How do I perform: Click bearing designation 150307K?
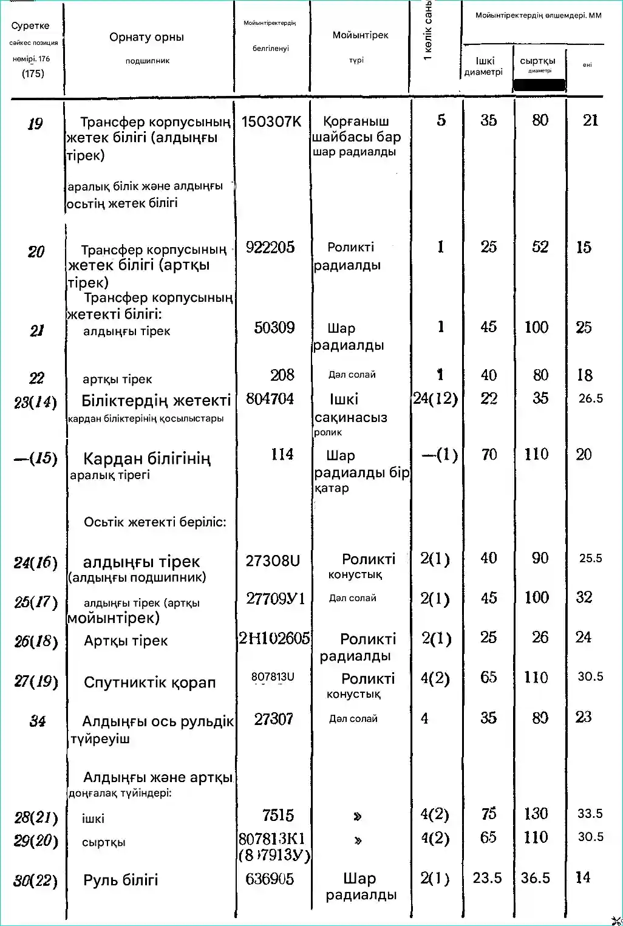pyautogui.click(x=271, y=121)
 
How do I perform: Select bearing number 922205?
pyautogui.click(x=270, y=247)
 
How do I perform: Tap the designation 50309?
pyautogui.click(x=274, y=328)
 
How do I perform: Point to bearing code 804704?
pyautogui.click(x=270, y=399)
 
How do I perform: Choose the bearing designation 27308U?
pyautogui.click(x=272, y=561)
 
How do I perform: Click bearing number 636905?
pyautogui.click(x=270, y=879)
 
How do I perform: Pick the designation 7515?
pyautogui.click(x=277, y=815)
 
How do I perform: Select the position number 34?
pyautogui.click(x=37, y=721)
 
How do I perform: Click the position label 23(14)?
pyautogui.click(x=35, y=402)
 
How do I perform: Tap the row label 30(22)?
pyautogui.click(x=35, y=880)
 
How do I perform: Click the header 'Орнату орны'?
pyautogui.click(x=146, y=37)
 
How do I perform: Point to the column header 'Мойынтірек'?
pyautogui.click(x=360, y=35)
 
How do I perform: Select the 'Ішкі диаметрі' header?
pyautogui.click(x=484, y=66)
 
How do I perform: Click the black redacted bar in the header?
pyautogui.click(x=539, y=85)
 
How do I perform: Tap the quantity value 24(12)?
pyautogui.click(x=435, y=399)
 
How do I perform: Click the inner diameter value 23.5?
pyautogui.click(x=487, y=878)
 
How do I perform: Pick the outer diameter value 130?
pyautogui.click(x=536, y=814)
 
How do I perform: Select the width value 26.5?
pyautogui.click(x=590, y=398)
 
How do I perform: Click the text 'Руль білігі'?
pyautogui.click(x=120, y=880)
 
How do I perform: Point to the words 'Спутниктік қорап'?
pyautogui.click(x=149, y=683)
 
